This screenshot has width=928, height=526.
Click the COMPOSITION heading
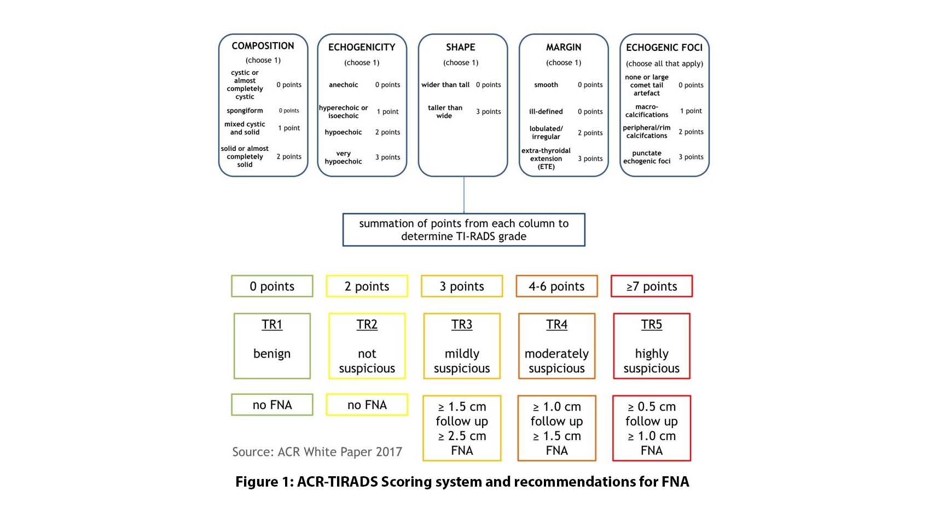click(x=263, y=46)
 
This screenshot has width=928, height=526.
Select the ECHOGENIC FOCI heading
click(x=664, y=48)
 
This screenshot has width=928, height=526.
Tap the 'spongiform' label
click(x=245, y=110)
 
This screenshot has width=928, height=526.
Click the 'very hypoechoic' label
click(x=343, y=157)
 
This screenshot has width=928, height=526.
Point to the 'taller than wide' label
click(x=445, y=112)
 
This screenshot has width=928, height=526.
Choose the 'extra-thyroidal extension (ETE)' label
click(x=546, y=159)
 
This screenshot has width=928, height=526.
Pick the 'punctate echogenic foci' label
click(x=647, y=157)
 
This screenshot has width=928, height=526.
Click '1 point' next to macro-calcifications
click(x=691, y=111)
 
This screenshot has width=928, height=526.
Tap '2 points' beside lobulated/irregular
click(x=590, y=133)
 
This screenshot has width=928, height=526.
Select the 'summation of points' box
click(x=463, y=230)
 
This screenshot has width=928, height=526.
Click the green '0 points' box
click(x=272, y=287)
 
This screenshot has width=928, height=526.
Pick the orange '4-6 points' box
click(x=556, y=287)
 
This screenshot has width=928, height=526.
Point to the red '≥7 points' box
click(x=651, y=287)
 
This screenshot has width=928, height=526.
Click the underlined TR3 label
click(x=462, y=325)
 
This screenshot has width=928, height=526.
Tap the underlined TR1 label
click(x=272, y=325)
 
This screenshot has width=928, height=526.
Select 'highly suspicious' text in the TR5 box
click(x=651, y=361)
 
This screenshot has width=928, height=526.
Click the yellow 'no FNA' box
click(x=367, y=405)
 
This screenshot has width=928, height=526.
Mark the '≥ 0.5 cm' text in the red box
click(x=651, y=407)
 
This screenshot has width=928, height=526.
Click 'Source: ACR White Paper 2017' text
click(x=317, y=452)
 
